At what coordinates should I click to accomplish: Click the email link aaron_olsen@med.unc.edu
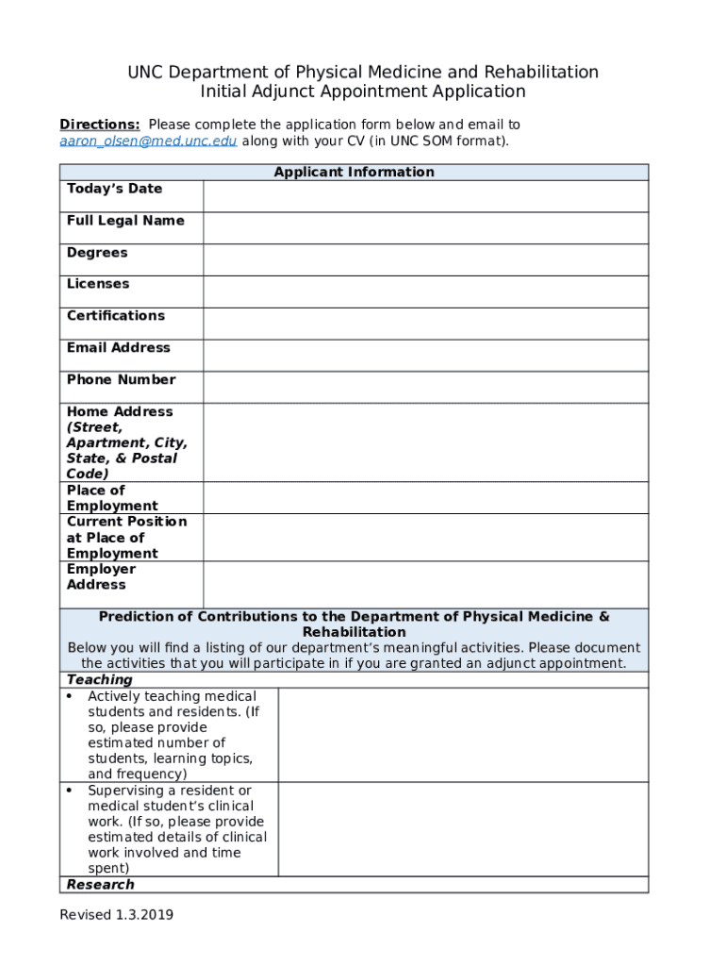(x=148, y=141)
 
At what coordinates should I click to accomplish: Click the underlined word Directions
(x=100, y=125)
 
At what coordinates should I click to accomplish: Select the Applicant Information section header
(x=354, y=172)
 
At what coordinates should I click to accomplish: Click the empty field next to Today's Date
(x=425, y=196)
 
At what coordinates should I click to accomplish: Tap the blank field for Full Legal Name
(x=425, y=228)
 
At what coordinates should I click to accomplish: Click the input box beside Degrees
(x=425, y=259)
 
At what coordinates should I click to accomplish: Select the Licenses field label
(x=98, y=284)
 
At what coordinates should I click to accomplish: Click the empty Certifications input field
(x=425, y=324)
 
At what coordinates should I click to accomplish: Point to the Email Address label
(x=119, y=348)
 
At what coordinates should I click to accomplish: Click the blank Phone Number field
(x=425, y=387)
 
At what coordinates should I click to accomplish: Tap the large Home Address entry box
(x=425, y=442)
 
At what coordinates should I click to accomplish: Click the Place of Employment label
(x=112, y=498)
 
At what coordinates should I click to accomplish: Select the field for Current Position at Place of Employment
(x=425, y=538)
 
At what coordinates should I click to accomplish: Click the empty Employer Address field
(x=425, y=585)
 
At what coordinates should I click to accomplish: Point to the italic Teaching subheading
(x=100, y=680)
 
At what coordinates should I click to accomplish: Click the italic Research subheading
(x=101, y=885)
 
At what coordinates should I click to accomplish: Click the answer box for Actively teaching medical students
(x=463, y=735)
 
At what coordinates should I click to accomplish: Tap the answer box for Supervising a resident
(x=463, y=829)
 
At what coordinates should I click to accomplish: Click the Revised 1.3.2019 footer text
(x=117, y=915)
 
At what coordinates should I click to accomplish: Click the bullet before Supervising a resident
(x=71, y=791)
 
